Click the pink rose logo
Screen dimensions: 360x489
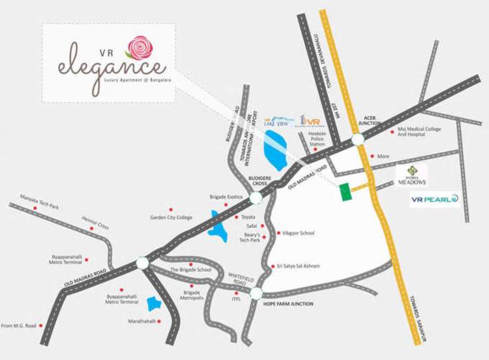[140, 47]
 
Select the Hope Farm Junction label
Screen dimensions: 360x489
[288, 304]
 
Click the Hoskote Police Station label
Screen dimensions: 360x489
[317, 139]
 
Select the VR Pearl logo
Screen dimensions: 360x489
[434, 199]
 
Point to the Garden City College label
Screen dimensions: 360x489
[171, 217]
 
